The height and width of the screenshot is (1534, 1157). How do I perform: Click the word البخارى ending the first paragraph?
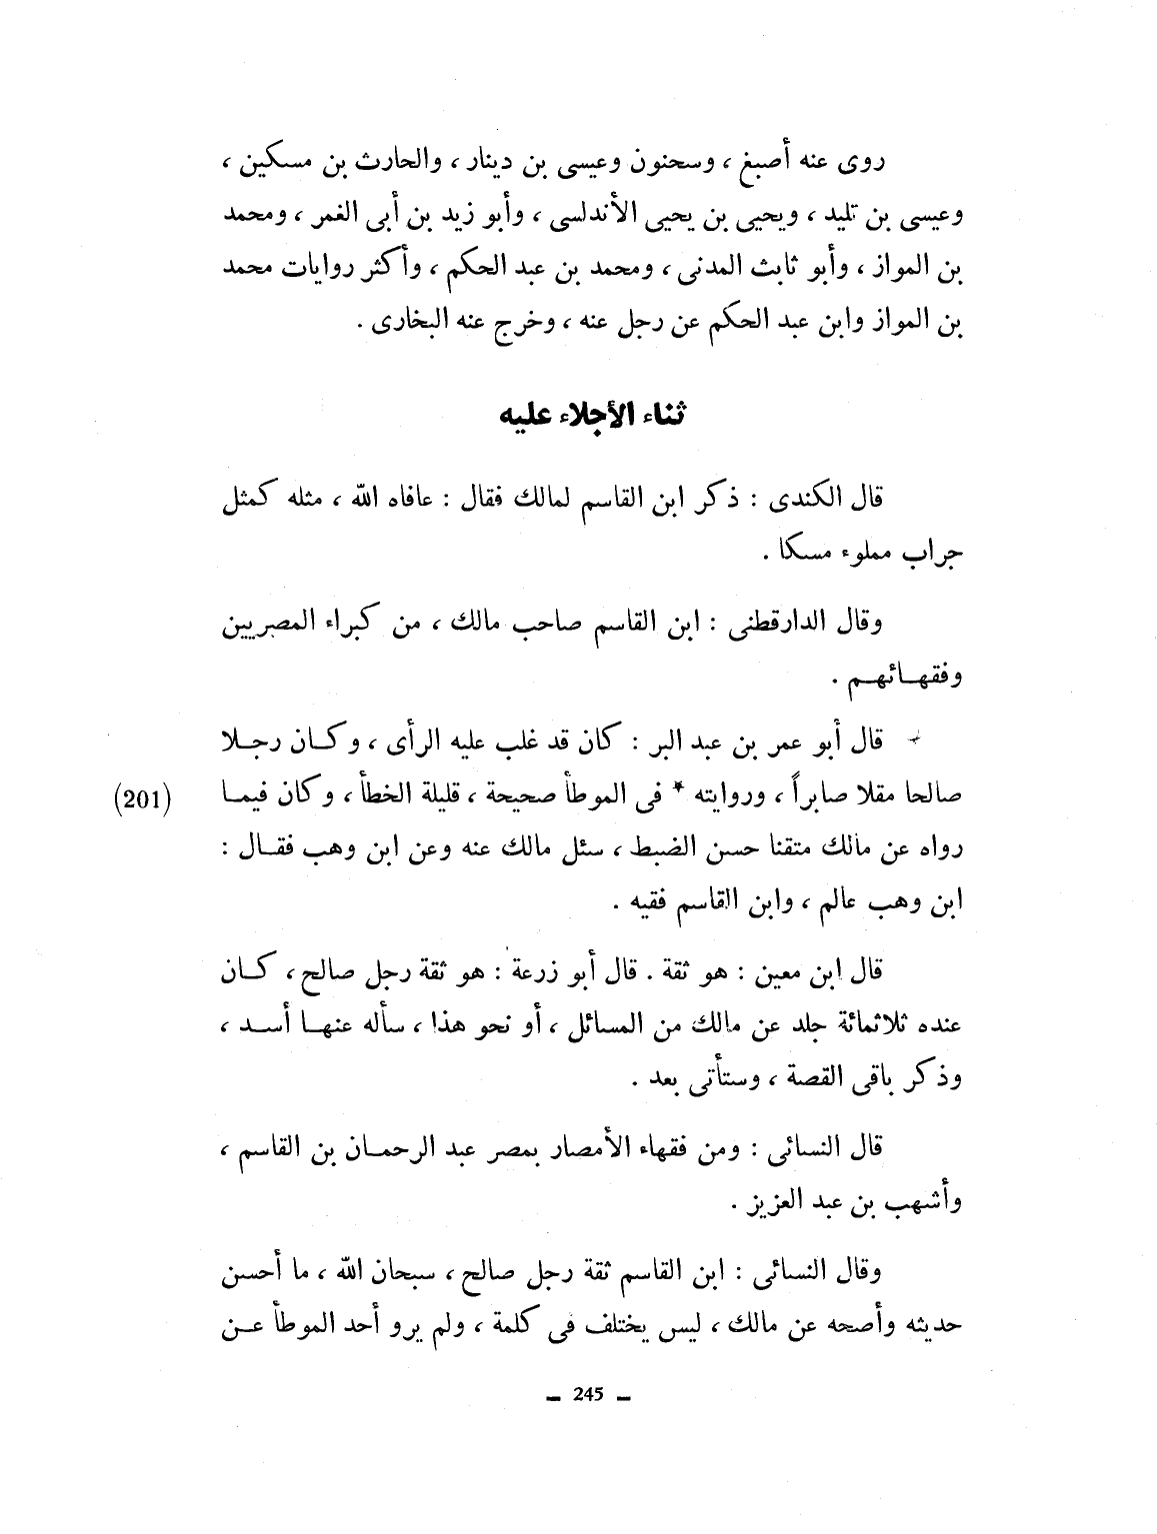click(x=404, y=327)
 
